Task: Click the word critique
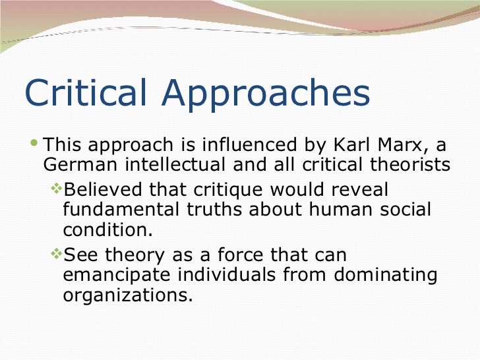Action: coord(222,191)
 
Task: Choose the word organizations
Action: coord(128,295)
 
